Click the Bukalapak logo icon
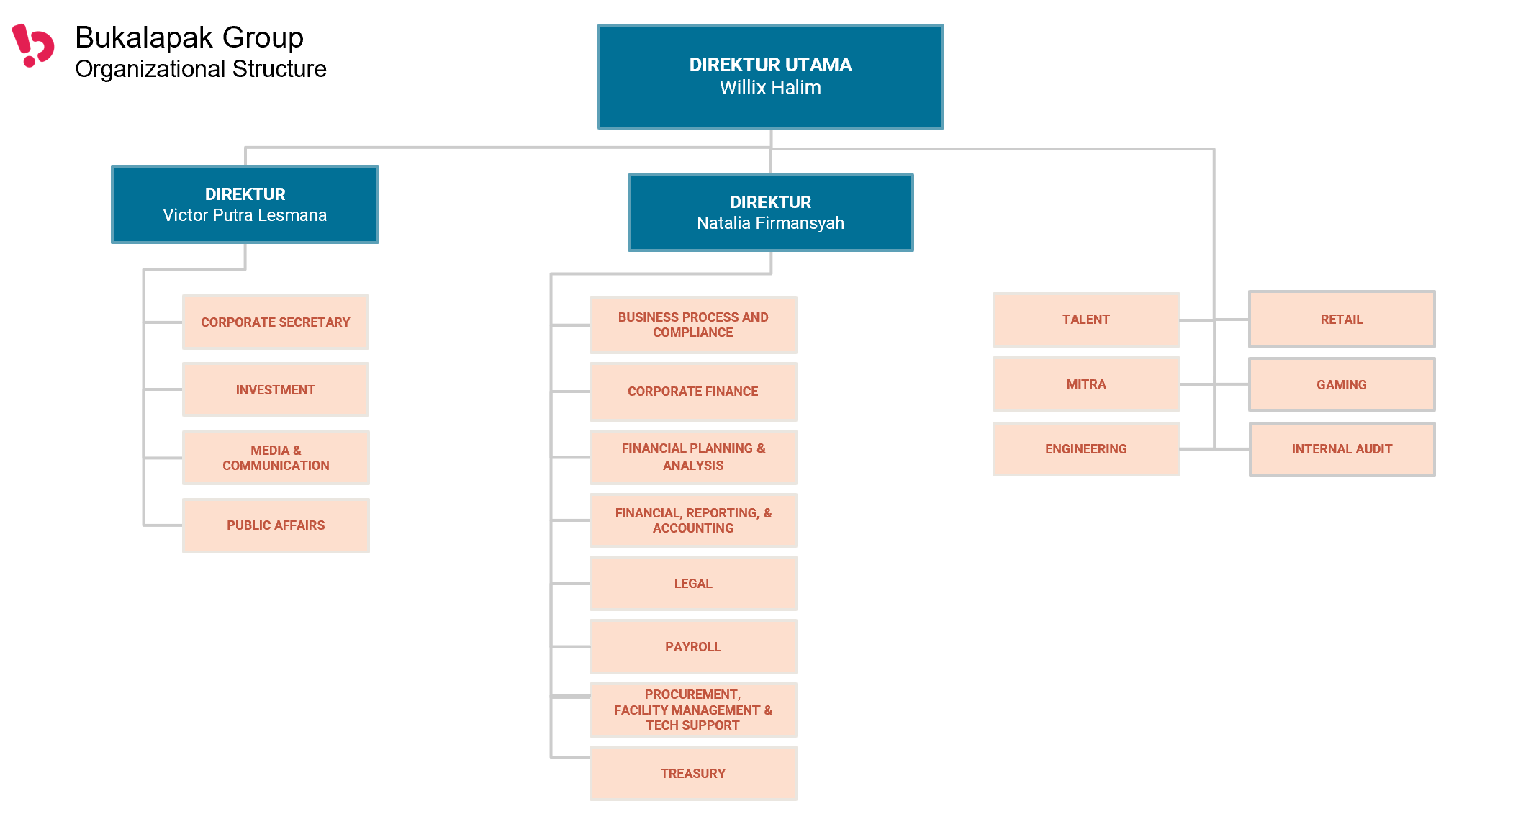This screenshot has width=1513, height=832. tap(33, 45)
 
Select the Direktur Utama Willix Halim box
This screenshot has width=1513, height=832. tap(770, 76)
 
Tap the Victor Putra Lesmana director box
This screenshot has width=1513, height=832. tap(245, 204)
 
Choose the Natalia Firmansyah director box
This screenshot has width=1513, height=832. tap(770, 212)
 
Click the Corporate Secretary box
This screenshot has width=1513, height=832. tap(276, 322)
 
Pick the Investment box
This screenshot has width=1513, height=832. tap(276, 389)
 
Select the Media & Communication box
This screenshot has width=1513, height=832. tap(276, 458)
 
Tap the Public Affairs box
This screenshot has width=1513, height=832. tap(276, 525)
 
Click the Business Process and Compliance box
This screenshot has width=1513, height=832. tap(693, 325)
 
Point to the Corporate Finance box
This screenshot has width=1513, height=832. tap(693, 392)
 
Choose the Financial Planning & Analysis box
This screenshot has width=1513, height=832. tap(693, 457)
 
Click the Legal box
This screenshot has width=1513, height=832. tap(693, 583)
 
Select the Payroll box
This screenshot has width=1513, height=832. tap(693, 646)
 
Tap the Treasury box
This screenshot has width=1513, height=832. tap(693, 773)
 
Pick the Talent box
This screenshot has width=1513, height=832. tap(1086, 320)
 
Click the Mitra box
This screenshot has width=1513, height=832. tap(1086, 384)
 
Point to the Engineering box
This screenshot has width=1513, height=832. tap(1086, 449)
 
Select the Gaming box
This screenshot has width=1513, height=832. tap(1342, 384)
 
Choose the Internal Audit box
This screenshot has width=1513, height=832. tap(1342, 449)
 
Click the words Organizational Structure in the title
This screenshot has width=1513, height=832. tap(201, 69)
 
